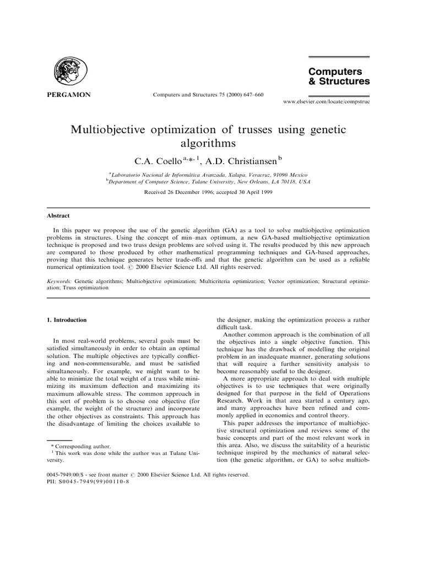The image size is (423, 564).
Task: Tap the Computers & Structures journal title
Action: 339,77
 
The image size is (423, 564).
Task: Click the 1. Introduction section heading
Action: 66,320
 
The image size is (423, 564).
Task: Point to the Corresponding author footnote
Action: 80,446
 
